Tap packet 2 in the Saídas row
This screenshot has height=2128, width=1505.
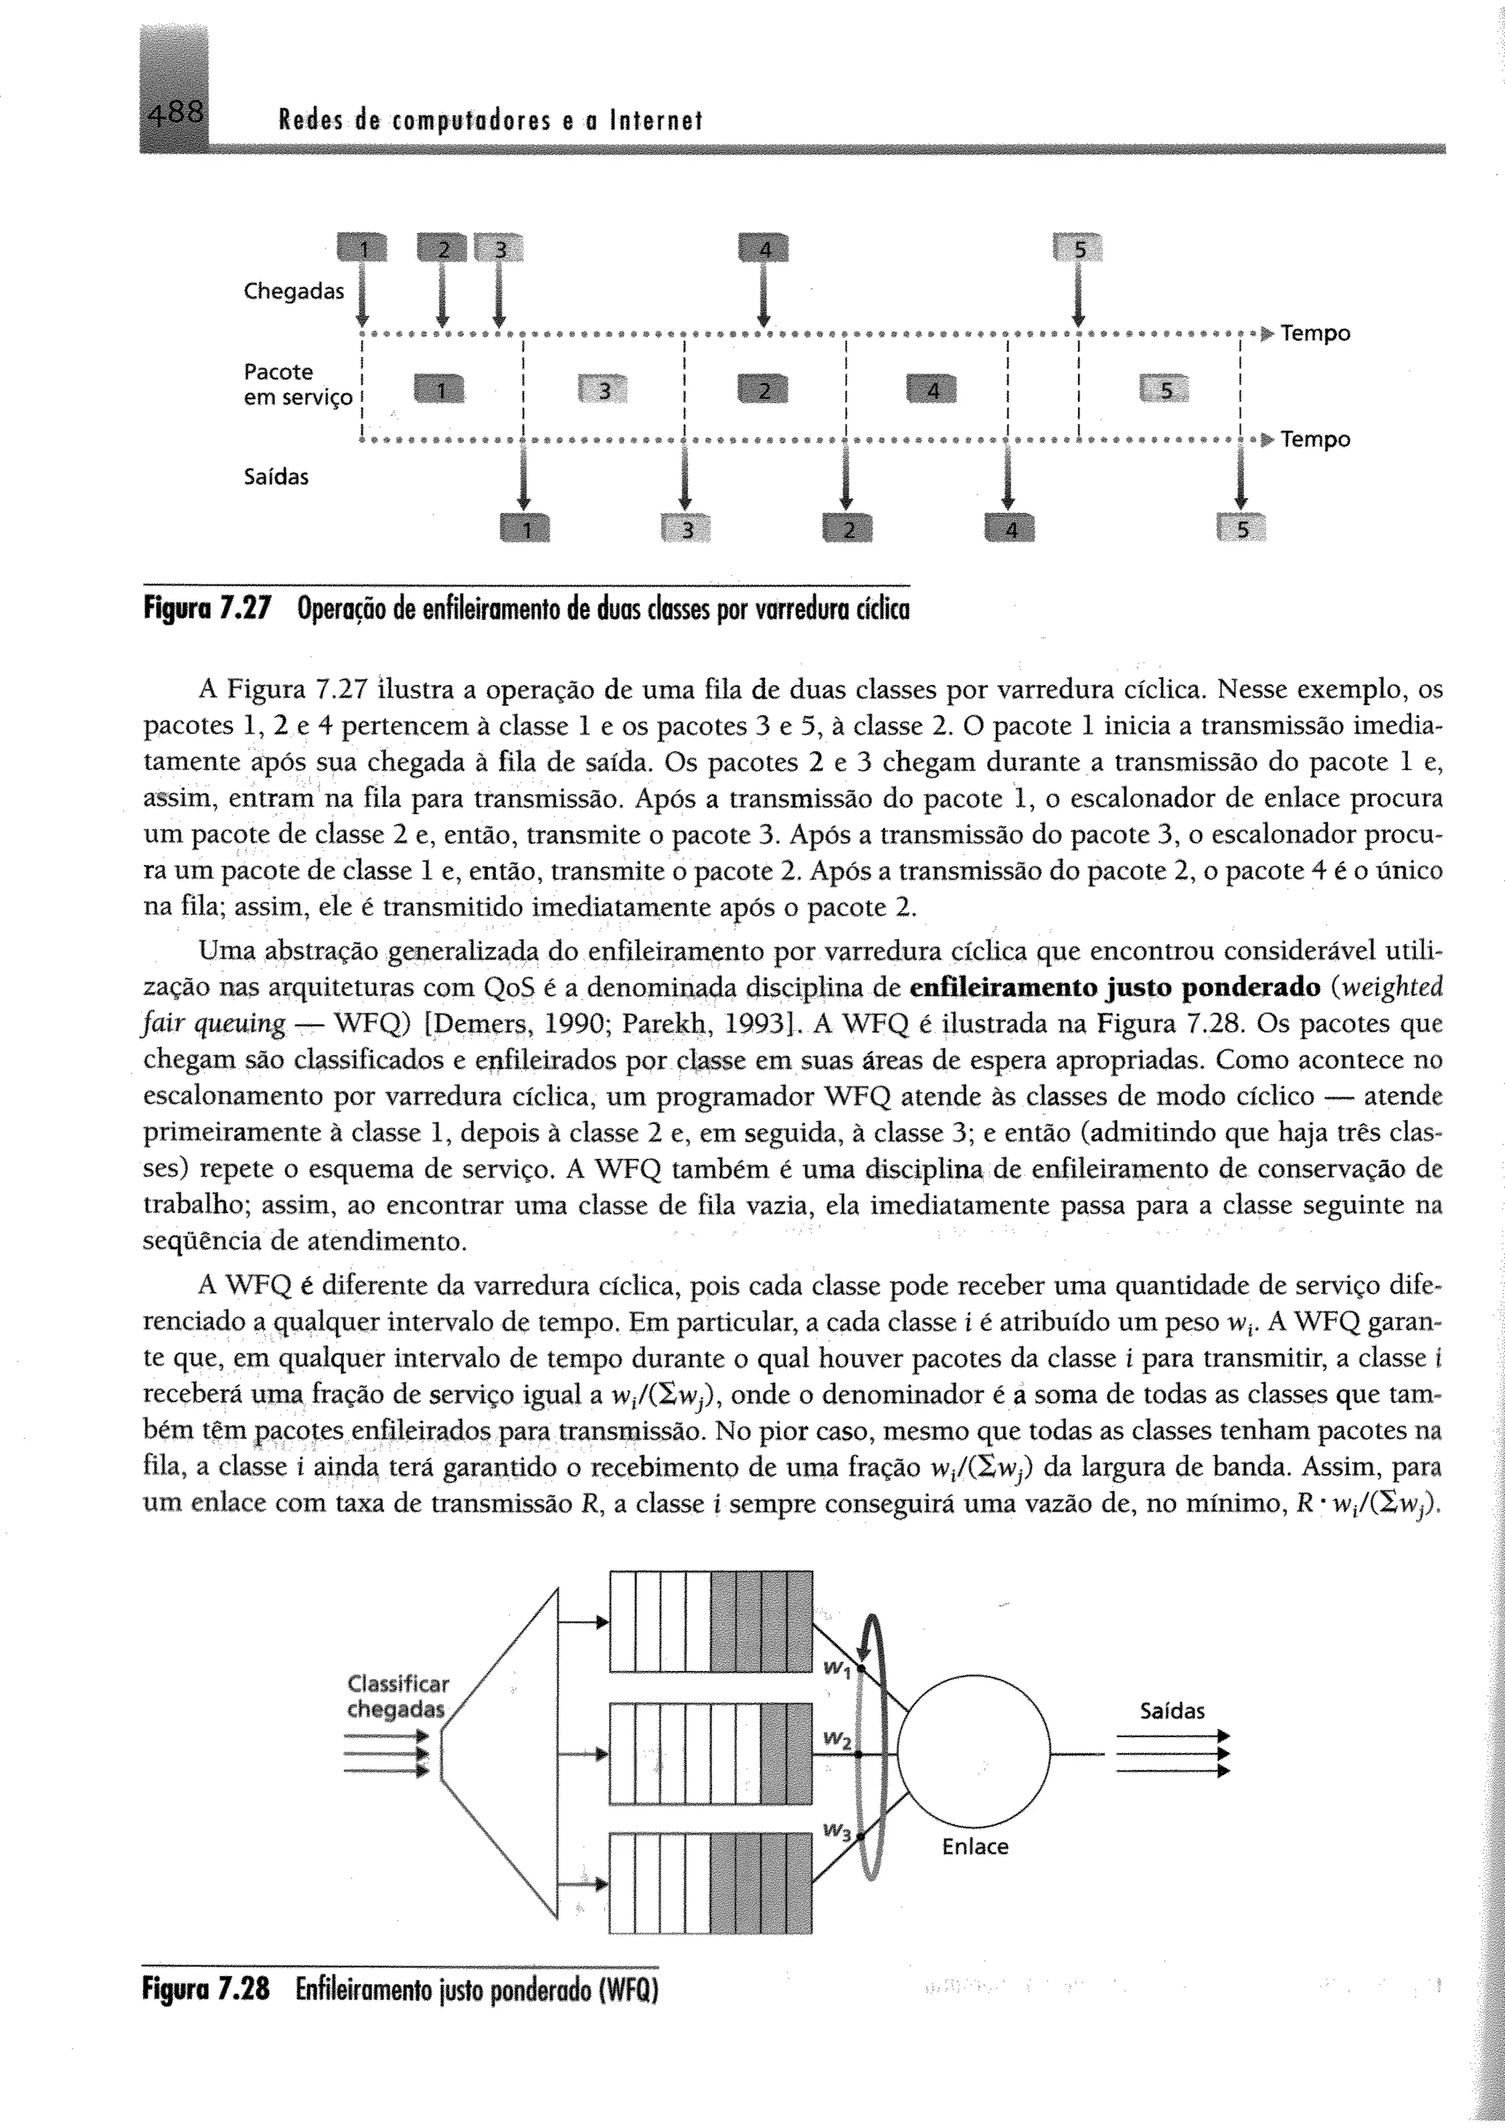[x=848, y=529]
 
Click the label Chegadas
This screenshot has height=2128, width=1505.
[x=293, y=291]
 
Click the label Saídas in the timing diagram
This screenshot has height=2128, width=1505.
[x=276, y=478]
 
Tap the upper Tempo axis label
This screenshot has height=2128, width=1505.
[x=1315, y=333]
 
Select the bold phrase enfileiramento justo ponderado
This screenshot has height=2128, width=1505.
[x=1115, y=987]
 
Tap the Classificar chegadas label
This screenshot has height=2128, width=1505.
[x=398, y=1696]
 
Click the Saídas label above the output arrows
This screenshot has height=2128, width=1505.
[x=1171, y=1711]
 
